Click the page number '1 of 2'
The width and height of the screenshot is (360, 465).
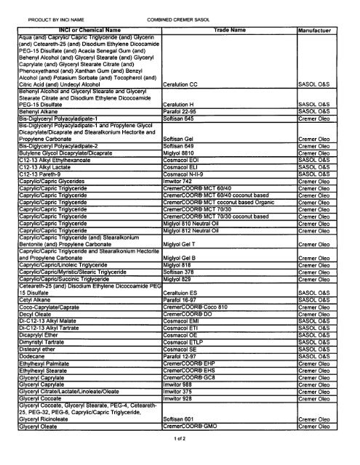tap(179, 460)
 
